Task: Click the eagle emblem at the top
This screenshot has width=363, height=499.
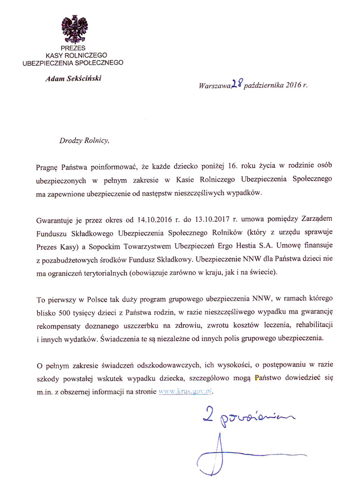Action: coord(74,29)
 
